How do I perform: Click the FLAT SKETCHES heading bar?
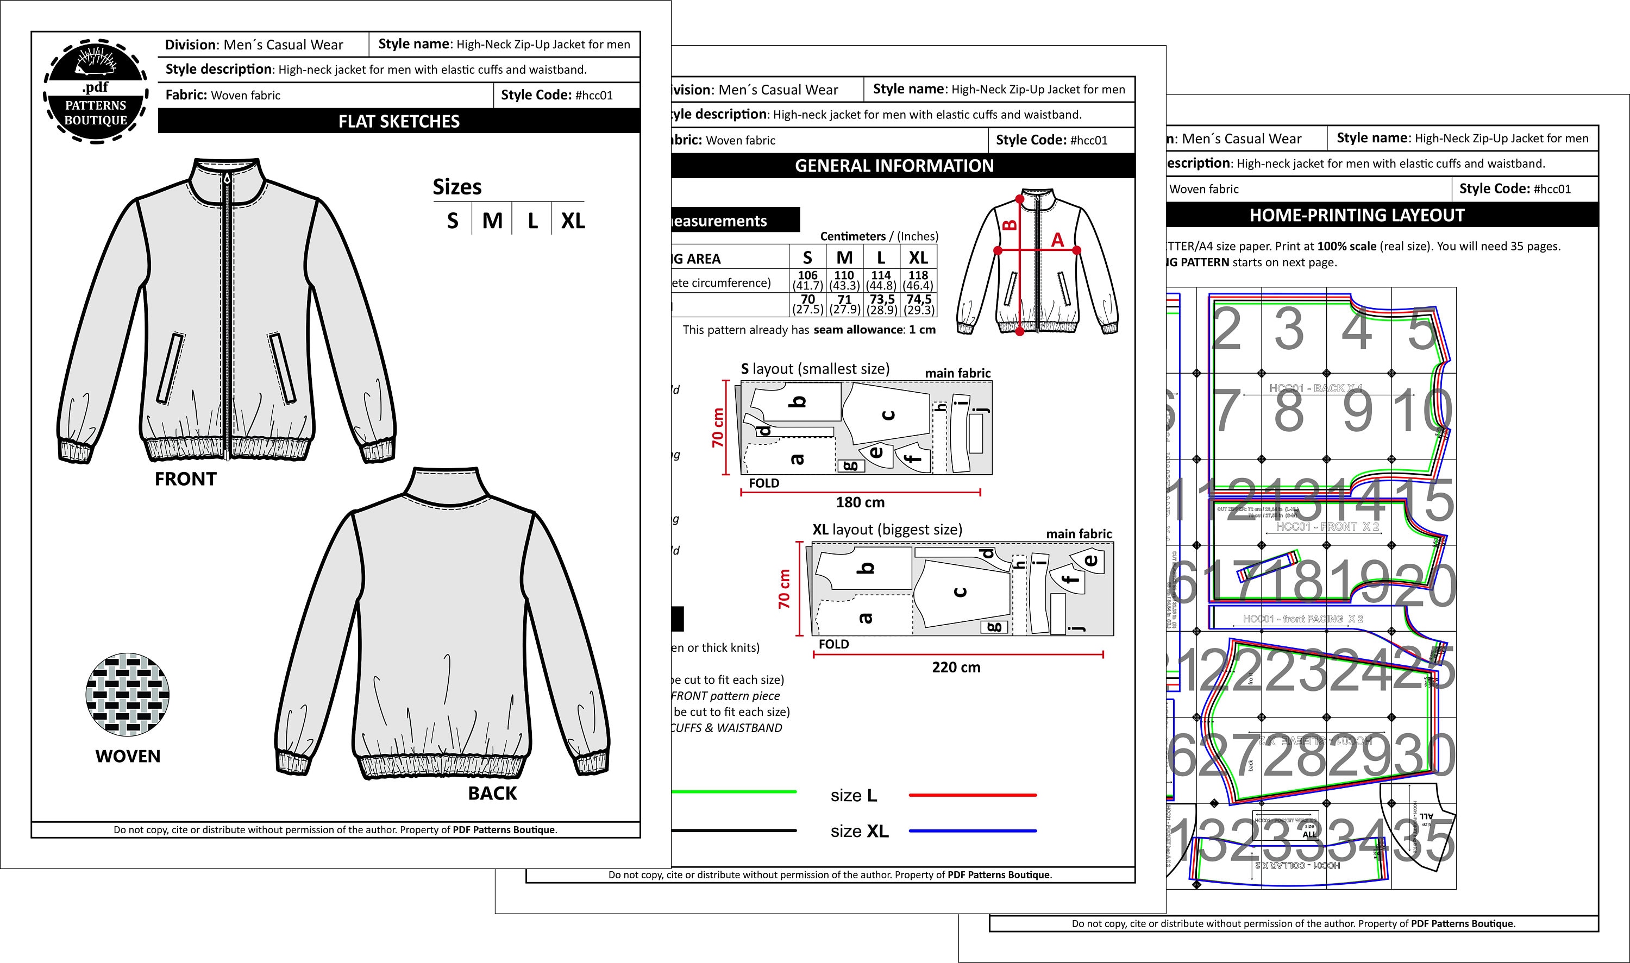click(x=399, y=121)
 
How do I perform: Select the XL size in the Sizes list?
click(x=573, y=221)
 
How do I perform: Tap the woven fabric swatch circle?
click(x=128, y=694)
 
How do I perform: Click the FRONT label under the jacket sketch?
click(x=185, y=479)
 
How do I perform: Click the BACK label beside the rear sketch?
click(x=492, y=793)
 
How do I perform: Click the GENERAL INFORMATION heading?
click(x=894, y=166)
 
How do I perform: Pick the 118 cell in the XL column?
click(x=918, y=275)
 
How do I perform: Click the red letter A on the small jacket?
click(x=1057, y=240)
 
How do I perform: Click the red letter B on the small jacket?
click(x=1010, y=226)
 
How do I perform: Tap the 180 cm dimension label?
click(x=860, y=502)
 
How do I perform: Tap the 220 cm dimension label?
click(x=956, y=667)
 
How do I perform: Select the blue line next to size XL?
click(x=973, y=830)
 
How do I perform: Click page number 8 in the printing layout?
click(x=1289, y=411)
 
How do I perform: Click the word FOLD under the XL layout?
click(x=833, y=644)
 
